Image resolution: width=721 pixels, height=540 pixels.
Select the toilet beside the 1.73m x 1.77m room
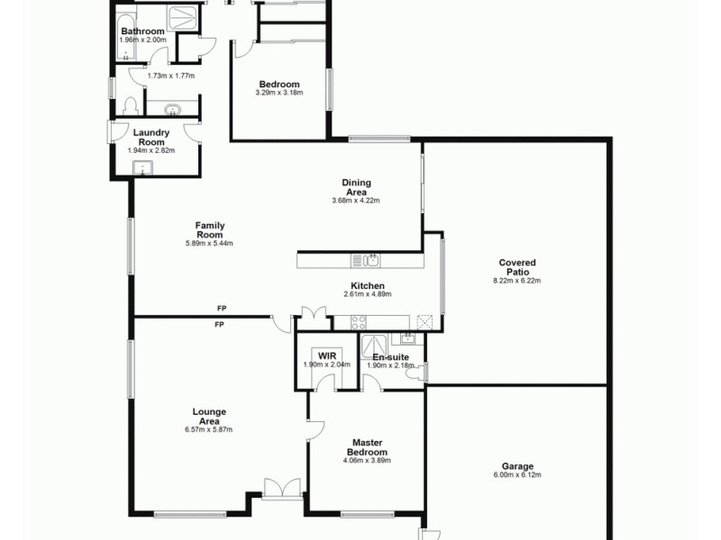(x=131, y=106)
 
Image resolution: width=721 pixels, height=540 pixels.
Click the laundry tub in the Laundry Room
(x=140, y=167)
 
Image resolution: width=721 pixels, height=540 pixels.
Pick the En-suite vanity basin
(x=407, y=338)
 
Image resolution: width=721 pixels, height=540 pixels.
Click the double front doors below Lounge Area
(x=282, y=489)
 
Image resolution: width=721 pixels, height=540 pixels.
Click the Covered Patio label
(x=517, y=266)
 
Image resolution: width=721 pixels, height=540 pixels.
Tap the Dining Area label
(x=356, y=187)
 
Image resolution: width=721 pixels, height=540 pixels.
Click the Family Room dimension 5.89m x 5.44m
(x=209, y=243)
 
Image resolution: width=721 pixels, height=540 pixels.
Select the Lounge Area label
(x=208, y=416)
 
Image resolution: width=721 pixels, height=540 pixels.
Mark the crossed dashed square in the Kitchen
(x=425, y=321)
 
